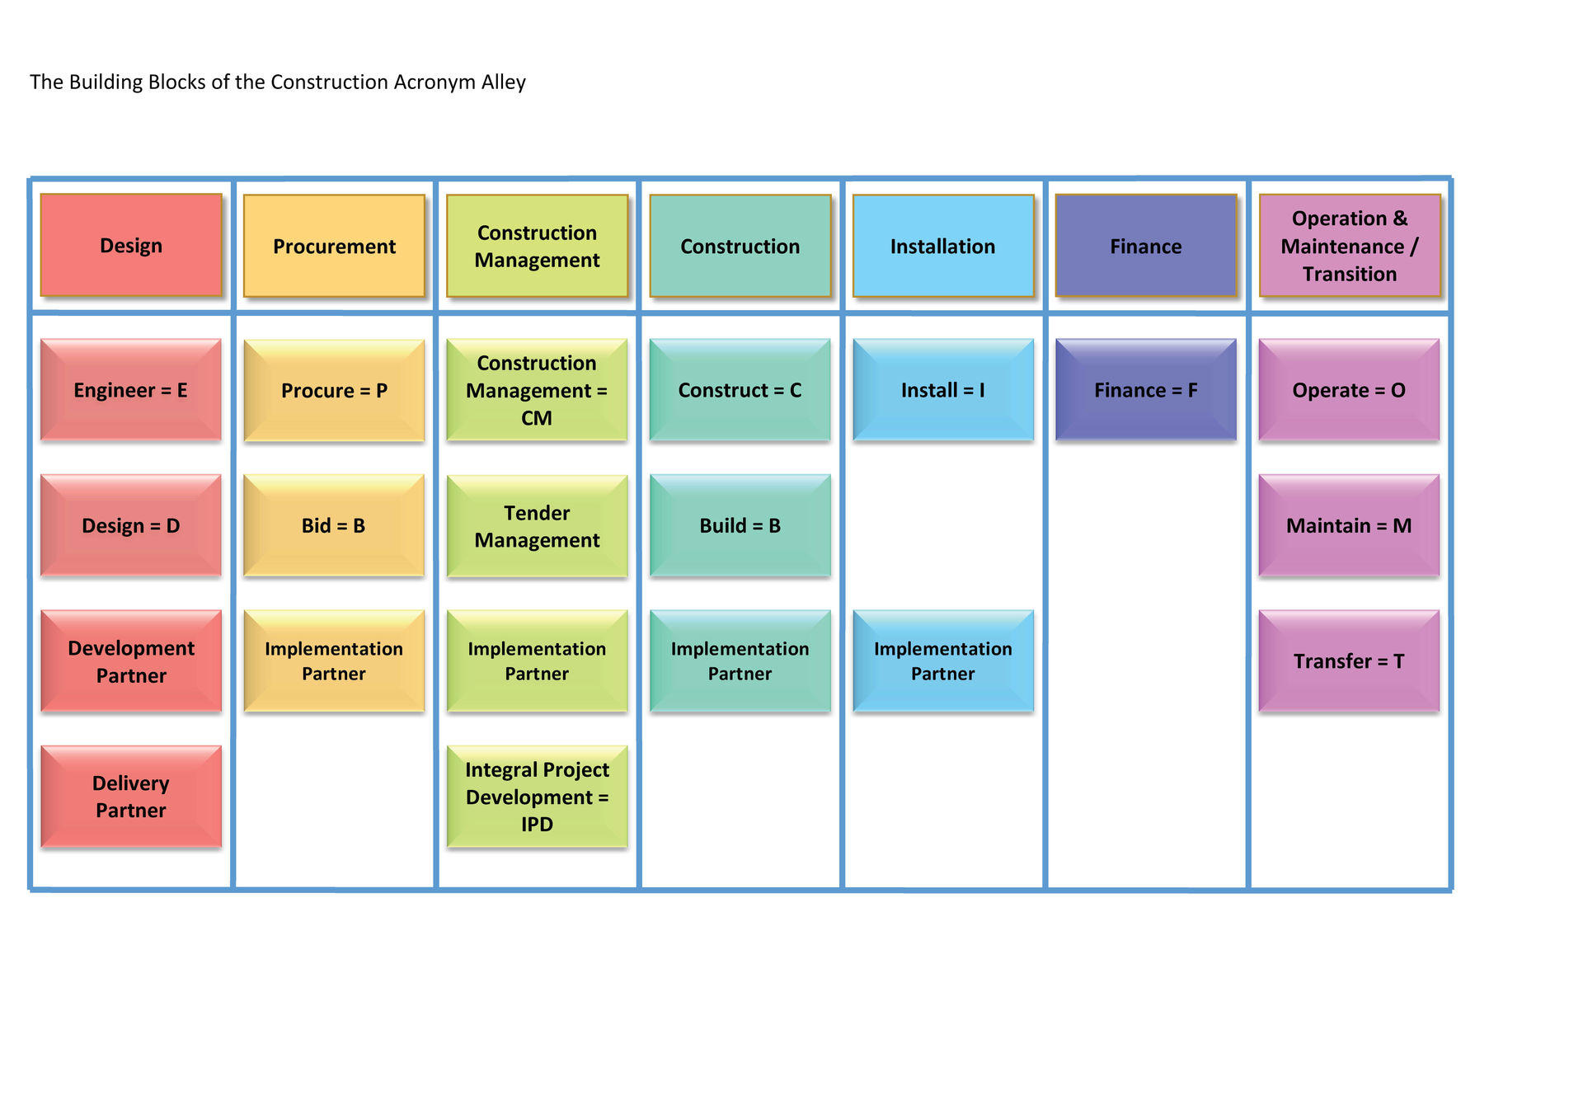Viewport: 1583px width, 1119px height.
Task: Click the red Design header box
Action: (x=131, y=246)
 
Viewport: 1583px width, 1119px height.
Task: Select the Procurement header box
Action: (x=334, y=246)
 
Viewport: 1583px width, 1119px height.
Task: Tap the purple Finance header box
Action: (x=1146, y=246)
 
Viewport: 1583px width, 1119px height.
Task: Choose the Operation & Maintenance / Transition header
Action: (x=1350, y=246)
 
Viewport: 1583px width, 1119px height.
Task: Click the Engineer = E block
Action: (x=131, y=390)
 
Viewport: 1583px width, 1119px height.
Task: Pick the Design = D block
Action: (x=131, y=525)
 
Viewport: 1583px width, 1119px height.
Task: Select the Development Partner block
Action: (x=131, y=661)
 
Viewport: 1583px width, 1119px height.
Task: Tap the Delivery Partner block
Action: (x=131, y=797)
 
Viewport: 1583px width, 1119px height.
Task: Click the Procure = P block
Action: (x=334, y=390)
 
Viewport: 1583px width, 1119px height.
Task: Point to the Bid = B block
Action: (x=334, y=525)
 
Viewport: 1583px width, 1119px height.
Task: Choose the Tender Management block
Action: (x=537, y=525)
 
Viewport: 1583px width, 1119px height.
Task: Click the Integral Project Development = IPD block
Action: (x=537, y=797)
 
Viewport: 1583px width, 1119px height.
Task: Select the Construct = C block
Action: (x=740, y=390)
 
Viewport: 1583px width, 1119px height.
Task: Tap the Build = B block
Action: (x=740, y=525)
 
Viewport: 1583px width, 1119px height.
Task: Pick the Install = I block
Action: (x=943, y=390)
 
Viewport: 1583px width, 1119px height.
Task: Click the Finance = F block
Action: (x=1146, y=390)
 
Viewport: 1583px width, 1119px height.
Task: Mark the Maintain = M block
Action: (x=1349, y=525)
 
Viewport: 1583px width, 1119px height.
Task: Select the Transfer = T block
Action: (x=1349, y=661)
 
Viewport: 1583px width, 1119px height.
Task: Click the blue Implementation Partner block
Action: (x=943, y=661)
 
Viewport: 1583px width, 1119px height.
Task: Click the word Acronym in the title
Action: (x=435, y=82)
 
